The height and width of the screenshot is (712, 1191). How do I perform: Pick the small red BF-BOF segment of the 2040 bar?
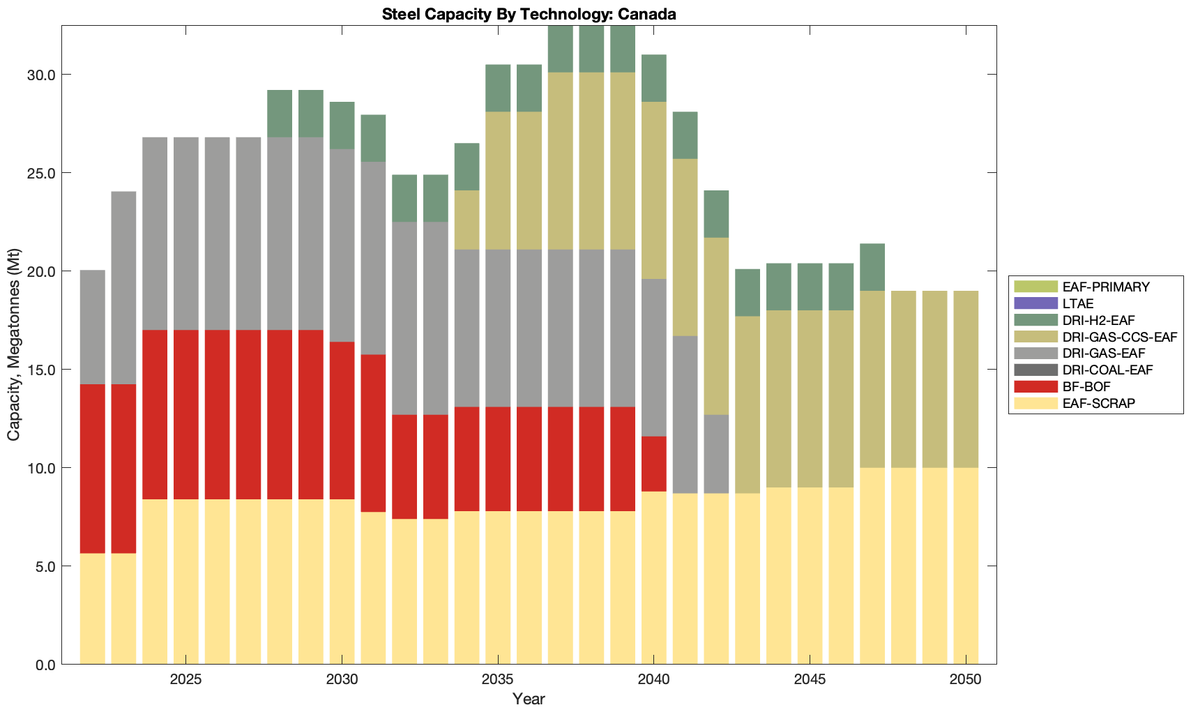click(x=654, y=464)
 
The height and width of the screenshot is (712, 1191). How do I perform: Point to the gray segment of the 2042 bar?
click(x=716, y=454)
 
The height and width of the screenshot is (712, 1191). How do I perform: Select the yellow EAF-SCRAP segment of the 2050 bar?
click(x=966, y=566)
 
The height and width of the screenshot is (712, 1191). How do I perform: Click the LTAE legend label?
click(x=1078, y=303)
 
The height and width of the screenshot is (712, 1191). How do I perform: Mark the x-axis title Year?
click(x=529, y=699)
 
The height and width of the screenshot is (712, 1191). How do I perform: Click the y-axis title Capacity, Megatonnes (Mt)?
click(x=14, y=344)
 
